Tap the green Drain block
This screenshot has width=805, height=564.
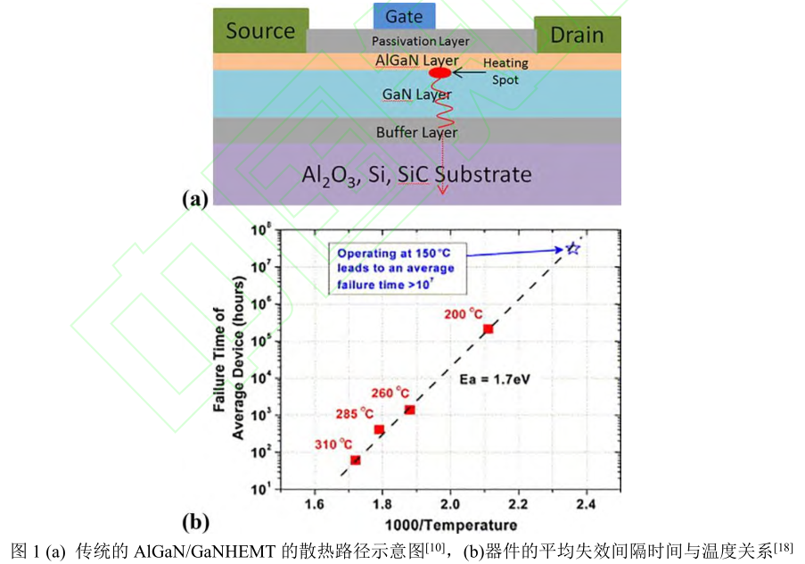click(577, 35)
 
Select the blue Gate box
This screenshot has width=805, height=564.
click(405, 16)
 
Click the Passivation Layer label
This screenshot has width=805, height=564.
click(421, 41)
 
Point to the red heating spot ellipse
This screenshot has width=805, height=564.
click(440, 72)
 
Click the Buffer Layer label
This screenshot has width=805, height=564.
click(416, 132)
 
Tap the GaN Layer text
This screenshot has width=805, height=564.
click(416, 94)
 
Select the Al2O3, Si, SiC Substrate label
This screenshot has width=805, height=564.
click(417, 174)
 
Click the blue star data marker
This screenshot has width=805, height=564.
click(573, 249)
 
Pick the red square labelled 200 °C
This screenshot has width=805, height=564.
click(489, 329)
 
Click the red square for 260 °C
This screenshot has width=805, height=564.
click(409, 410)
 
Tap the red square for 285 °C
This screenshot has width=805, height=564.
click(379, 429)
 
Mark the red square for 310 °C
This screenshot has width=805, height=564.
click(356, 460)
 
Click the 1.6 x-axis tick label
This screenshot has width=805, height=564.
click(314, 504)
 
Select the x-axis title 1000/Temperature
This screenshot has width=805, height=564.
click(450, 525)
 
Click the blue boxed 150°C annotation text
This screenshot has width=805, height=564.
click(396, 269)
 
